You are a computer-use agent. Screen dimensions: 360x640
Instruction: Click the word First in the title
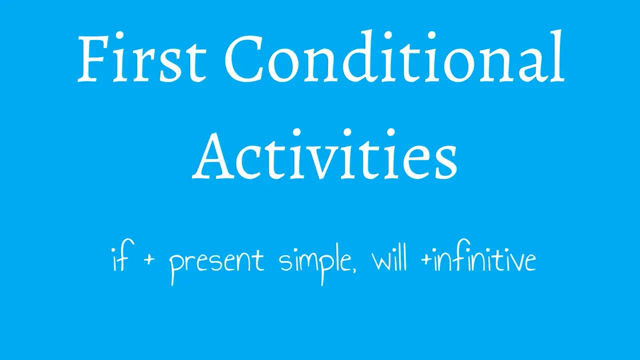(142, 59)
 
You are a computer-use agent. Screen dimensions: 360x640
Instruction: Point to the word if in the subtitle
(120, 260)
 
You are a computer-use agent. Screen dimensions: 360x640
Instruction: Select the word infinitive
(484, 260)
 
